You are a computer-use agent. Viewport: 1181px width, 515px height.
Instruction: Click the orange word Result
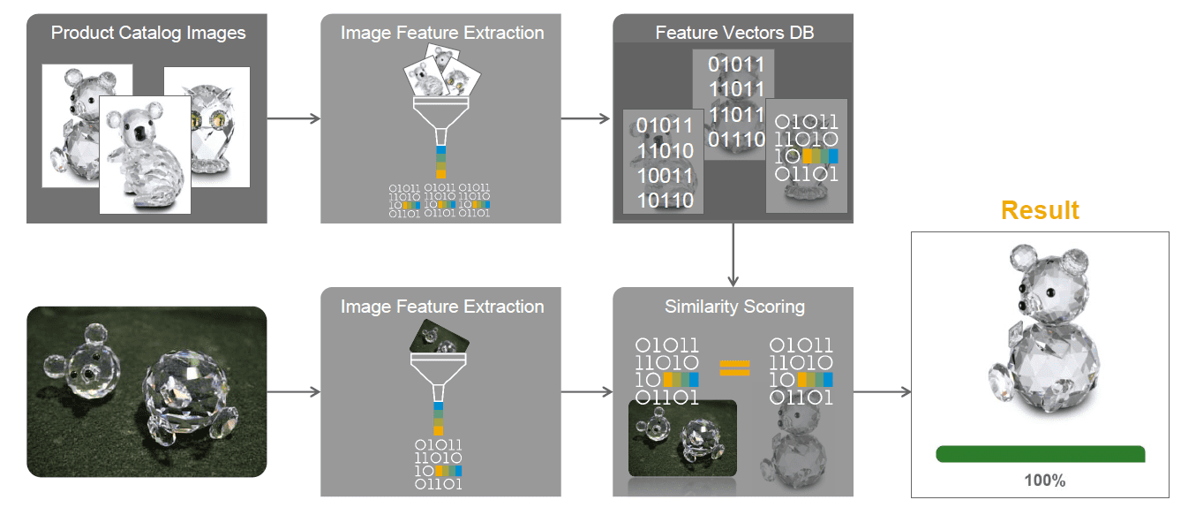pyautogui.click(x=1040, y=210)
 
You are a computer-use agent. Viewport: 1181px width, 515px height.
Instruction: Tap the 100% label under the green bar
pyautogui.click(x=1044, y=481)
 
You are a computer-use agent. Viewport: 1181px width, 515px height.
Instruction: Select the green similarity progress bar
pyautogui.click(x=1041, y=454)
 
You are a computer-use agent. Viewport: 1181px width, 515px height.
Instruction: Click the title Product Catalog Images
pyautogui.click(x=148, y=34)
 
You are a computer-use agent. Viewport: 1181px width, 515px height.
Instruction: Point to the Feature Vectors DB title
pyautogui.click(x=733, y=34)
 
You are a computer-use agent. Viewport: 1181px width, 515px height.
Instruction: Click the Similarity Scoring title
pyautogui.click(x=734, y=307)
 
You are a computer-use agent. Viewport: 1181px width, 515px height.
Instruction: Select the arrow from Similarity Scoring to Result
pyautogui.click(x=882, y=391)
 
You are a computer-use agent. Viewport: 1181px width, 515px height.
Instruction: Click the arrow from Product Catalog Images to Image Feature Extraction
pyautogui.click(x=293, y=117)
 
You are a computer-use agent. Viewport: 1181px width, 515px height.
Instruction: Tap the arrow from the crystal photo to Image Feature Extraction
pyautogui.click(x=293, y=391)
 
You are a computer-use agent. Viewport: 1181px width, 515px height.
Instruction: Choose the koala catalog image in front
pyautogui.click(x=144, y=155)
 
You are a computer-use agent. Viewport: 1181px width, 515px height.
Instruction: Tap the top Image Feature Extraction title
pyautogui.click(x=442, y=34)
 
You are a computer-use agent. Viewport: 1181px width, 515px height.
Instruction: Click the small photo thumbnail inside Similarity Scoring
pyautogui.click(x=682, y=438)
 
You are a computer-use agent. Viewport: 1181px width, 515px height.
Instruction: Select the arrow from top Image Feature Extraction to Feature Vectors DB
pyautogui.click(x=586, y=117)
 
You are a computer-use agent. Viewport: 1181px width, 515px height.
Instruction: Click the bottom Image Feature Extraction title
pyautogui.click(x=442, y=307)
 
